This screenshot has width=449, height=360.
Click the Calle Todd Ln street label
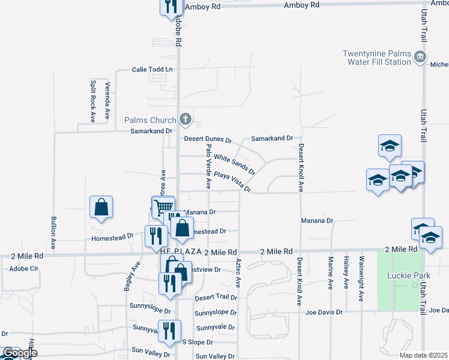tap(152, 70)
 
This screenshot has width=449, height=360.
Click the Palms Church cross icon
tap(185, 119)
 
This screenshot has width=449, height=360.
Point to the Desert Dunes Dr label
tap(208, 139)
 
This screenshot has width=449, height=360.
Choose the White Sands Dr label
tap(235, 163)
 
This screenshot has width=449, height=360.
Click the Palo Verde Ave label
tap(209, 163)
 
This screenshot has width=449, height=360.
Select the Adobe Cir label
tap(24, 269)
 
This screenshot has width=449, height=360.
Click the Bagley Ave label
tap(133, 276)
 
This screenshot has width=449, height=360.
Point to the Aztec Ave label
tap(238, 272)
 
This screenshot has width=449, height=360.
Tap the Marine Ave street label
tap(331, 274)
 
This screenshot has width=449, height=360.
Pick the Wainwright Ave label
tap(361, 278)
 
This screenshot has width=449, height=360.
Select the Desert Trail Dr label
tap(216, 297)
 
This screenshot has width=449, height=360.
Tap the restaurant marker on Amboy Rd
tap(170, 5)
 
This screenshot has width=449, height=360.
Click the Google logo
tap(20, 353)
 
